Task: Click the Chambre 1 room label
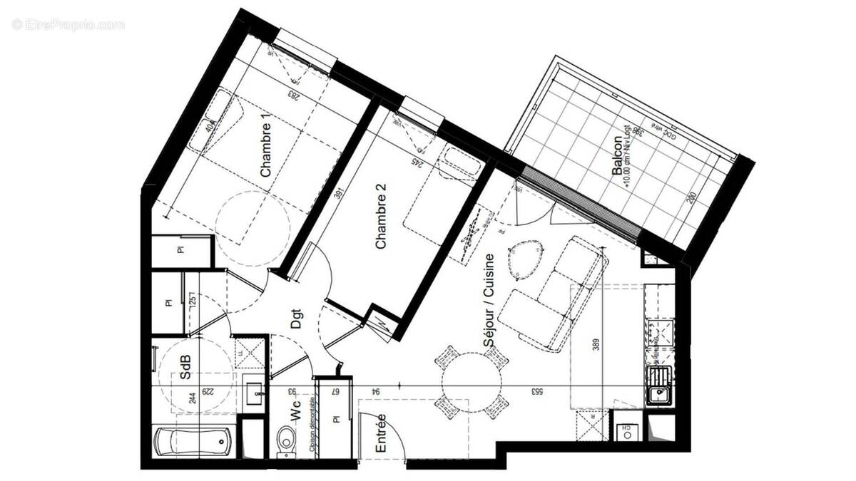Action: pos(265,150)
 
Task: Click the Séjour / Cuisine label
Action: pos(489,301)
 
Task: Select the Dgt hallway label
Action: pos(296,317)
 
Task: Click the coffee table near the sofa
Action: pos(526,258)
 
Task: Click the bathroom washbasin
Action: pos(254,391)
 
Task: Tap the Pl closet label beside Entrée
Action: pos(334,421)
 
